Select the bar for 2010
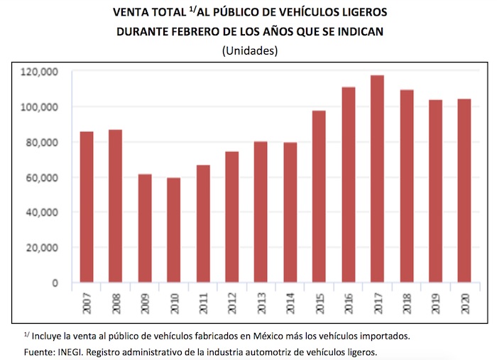(174, 230)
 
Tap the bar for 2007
(87, 207)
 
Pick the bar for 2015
(319, 196)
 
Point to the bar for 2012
(232, 217)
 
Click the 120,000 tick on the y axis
(41, 72)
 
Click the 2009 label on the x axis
(145, 302)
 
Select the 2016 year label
(349, 302)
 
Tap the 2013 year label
(261, 302)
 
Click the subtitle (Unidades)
(249, 51)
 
